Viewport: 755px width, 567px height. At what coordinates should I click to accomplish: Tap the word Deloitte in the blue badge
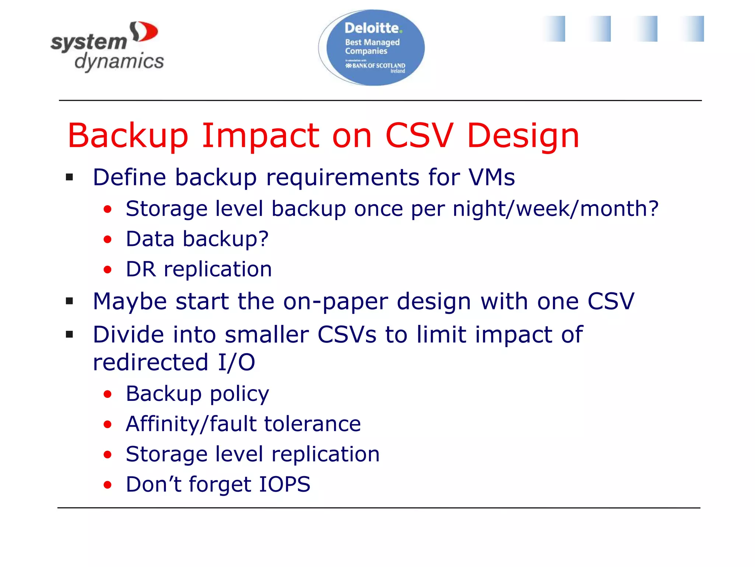click(x=372, y=28)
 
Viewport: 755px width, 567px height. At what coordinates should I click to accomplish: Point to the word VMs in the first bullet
click(x=491, y=177)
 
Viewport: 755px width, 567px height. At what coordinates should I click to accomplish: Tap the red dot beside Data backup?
click(x=107, y=240)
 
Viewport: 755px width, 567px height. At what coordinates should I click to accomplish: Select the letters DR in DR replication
click(x=140, y=269)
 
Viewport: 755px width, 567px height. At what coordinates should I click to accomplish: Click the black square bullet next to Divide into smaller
click(x=70, y=334)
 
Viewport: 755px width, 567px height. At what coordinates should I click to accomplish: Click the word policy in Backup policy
click(x=239, y=394)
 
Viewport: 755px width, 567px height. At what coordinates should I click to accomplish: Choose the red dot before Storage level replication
click(x=107, y=455)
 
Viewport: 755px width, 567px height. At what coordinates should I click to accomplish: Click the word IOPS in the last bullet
click(x=285, y=484)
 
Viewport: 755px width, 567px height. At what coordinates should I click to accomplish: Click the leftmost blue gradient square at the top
click(x=554, y=29)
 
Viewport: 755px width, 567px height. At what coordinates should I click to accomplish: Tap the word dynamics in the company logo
click(x=119, y=62)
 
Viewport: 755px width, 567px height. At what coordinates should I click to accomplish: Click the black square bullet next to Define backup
click(x=70, y=178)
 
